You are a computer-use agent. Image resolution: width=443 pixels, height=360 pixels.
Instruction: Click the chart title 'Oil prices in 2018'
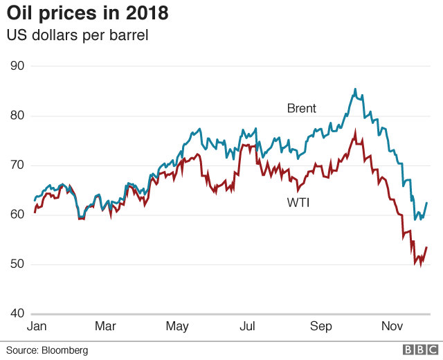[x=87, y=13]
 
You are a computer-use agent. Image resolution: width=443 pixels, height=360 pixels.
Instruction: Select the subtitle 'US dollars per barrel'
[x=78, y=35]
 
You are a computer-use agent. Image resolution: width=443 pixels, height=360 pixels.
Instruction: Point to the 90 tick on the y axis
[x=17, y=66]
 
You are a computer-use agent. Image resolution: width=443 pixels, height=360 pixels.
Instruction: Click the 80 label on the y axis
[x=17, y=116]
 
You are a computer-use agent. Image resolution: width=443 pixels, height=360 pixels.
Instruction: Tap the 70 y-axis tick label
[x=17, y=165]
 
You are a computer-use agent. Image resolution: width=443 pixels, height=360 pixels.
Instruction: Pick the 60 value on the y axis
[x=17, y=215]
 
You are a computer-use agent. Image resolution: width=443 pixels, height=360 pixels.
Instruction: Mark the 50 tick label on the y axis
[x=17, y=264]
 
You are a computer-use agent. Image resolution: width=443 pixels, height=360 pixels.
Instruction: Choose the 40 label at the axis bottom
[x=17, y=314]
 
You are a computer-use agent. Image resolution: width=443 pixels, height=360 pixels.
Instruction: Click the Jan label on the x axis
[x=37, y=326]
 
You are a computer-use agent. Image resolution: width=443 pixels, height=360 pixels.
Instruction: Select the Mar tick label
[x=105, y=326]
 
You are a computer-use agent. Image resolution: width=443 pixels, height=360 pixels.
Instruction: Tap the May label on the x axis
[x=178, y=326]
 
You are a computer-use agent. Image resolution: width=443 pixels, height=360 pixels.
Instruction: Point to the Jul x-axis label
[x=247, y=326]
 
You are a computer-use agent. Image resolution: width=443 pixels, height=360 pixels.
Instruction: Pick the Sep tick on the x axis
[x=320, y=326]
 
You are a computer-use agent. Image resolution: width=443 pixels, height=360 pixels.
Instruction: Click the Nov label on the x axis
[x=391, y=326]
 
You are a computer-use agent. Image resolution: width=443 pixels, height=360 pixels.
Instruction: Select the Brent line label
[x=302, y=108]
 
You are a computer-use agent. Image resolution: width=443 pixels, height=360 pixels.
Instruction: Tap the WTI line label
[x=298, y=203]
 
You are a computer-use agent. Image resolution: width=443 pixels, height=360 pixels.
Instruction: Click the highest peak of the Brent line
[x=355, y=89]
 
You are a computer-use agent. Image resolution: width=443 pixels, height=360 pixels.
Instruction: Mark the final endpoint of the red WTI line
[x=426, y=247]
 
